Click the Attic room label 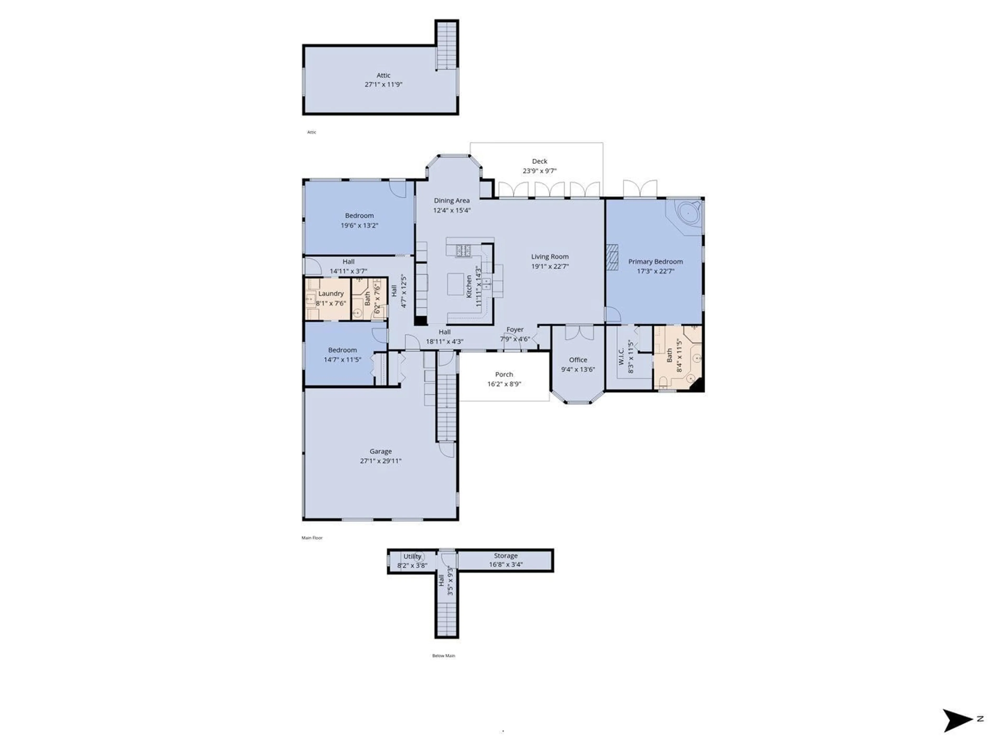[383, 75]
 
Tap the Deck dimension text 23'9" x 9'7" [539, 171]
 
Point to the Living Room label [550, 257]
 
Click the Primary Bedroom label [655, 262]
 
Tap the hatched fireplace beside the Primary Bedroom [612, 257]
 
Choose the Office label [578, 360]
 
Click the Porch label [504, 374]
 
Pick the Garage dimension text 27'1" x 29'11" [381, 461]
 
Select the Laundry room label [331, 293]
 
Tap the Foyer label [515, 330]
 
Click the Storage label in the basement [506, 556]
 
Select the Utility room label [412, 556]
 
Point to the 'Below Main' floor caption [444, 656]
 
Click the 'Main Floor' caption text [312, 538]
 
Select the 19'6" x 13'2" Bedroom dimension [359, 225]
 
